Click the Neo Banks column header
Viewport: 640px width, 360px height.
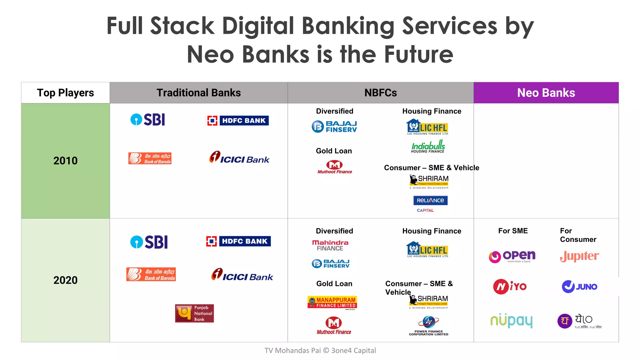point(546,93)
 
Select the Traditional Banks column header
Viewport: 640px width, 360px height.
point(198,93)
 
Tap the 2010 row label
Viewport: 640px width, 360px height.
point(65,161)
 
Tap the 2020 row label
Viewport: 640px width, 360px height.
point(65,280)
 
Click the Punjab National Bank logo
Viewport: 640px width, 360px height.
point(194,313)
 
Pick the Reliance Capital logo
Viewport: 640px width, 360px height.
point(430,203)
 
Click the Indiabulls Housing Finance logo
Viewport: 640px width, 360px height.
point(428,146)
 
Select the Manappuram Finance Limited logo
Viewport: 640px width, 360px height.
point(332,302)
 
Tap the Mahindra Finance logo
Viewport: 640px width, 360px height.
point(330,245)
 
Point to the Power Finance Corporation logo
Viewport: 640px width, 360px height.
point(428,326)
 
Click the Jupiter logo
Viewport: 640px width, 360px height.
point(579,256)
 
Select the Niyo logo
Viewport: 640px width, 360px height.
point(510,287)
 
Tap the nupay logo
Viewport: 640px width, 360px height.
point(511,321)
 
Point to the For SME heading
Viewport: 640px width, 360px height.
point(512,231)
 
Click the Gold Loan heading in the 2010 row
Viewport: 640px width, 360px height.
point(334,151)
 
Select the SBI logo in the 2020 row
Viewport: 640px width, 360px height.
point(149,242)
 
